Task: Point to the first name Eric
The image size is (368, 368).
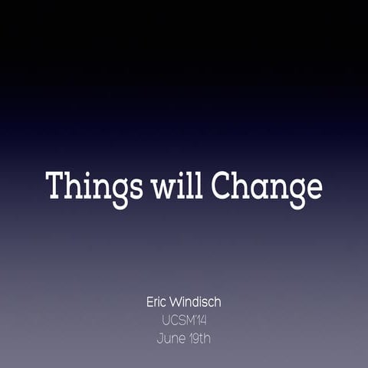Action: coord(158,301)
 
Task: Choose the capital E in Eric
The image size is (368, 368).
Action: coord(150,301)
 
